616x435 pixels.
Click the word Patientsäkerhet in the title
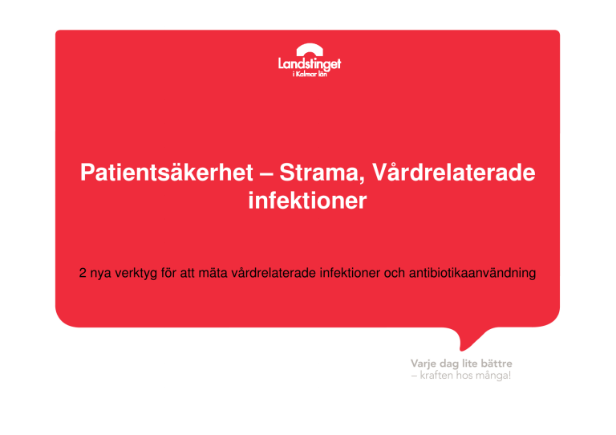point(167,173)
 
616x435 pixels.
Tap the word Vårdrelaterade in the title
point(454,173)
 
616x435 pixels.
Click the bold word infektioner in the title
point(308,201)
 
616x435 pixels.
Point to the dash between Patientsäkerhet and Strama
point(266,174)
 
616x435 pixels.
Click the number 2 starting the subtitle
point(83,273)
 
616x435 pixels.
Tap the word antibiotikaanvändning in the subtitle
point(472,273)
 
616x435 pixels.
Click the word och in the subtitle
point(395,273)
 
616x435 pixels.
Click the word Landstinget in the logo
point(310,64)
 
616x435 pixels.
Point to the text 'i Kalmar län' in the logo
point(310,74)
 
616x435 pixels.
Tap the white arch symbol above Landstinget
point(310,49)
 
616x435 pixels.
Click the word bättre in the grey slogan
point(496,364)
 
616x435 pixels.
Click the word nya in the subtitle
point(100,274)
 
